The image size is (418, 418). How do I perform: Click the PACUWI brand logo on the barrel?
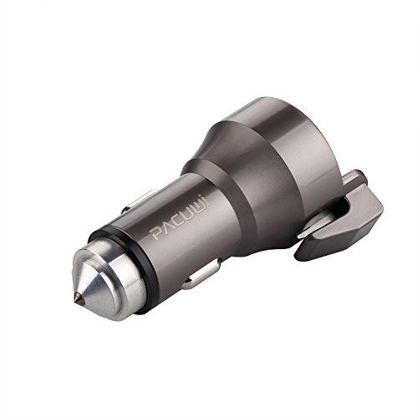pos(180,219)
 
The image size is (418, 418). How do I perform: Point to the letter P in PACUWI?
pos(157,233)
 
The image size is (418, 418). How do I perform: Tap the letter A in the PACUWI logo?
pos(168,227)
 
